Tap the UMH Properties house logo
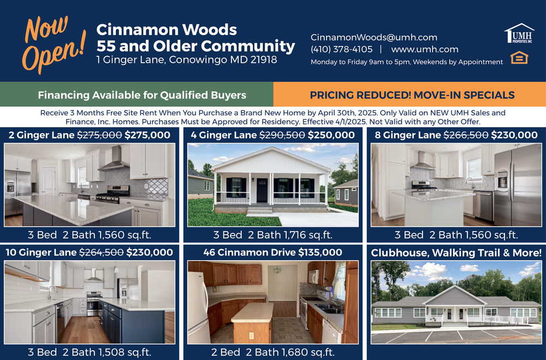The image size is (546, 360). [x=519, y=33]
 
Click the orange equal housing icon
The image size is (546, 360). [x=519, y=57]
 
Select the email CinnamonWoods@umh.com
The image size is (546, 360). [x=373, y=37]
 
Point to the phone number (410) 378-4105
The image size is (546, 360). [x=341, y=49]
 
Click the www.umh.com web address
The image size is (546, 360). [x=424, y=50]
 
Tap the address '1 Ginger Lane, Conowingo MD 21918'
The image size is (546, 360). [x=187, y=60]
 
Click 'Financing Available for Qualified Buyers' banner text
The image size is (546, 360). [x=142, y=95]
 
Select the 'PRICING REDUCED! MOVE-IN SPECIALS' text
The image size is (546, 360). [x=412, y=95]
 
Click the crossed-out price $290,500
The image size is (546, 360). [x=282, y=135]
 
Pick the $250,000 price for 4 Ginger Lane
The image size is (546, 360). [x=331, y=135]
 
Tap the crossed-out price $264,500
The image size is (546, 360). [x=102, y=252]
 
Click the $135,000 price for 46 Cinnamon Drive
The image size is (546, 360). [x=320, y=252]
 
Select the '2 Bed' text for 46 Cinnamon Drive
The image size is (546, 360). [x=225, y=352]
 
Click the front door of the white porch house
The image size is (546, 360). [x=262, y=190]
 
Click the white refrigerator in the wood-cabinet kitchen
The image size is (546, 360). [x=199, y=308]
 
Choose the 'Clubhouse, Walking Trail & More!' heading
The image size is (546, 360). [x=456, y=253]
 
